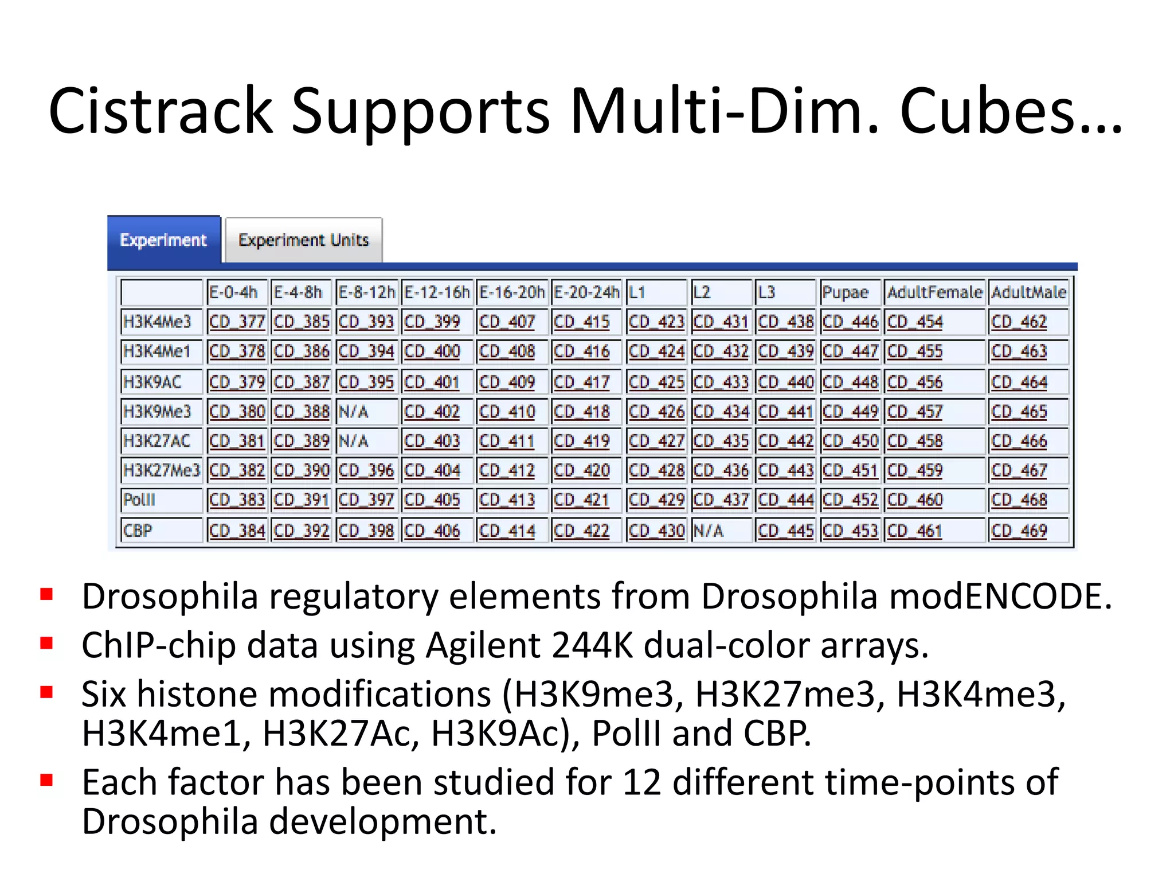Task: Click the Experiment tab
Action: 163,240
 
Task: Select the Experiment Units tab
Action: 303,240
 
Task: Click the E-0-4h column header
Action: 233,293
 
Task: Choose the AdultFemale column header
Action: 934,293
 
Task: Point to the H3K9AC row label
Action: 152,381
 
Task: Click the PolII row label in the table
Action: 139,500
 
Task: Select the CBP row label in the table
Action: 138,530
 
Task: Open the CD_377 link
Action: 236,322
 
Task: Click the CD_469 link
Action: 1019,530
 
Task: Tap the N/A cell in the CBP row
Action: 708,530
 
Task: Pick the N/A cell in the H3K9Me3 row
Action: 354,411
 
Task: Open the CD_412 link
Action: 506,470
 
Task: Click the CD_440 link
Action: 785,381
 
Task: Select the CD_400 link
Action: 432,351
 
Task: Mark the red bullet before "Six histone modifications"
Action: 46,692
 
